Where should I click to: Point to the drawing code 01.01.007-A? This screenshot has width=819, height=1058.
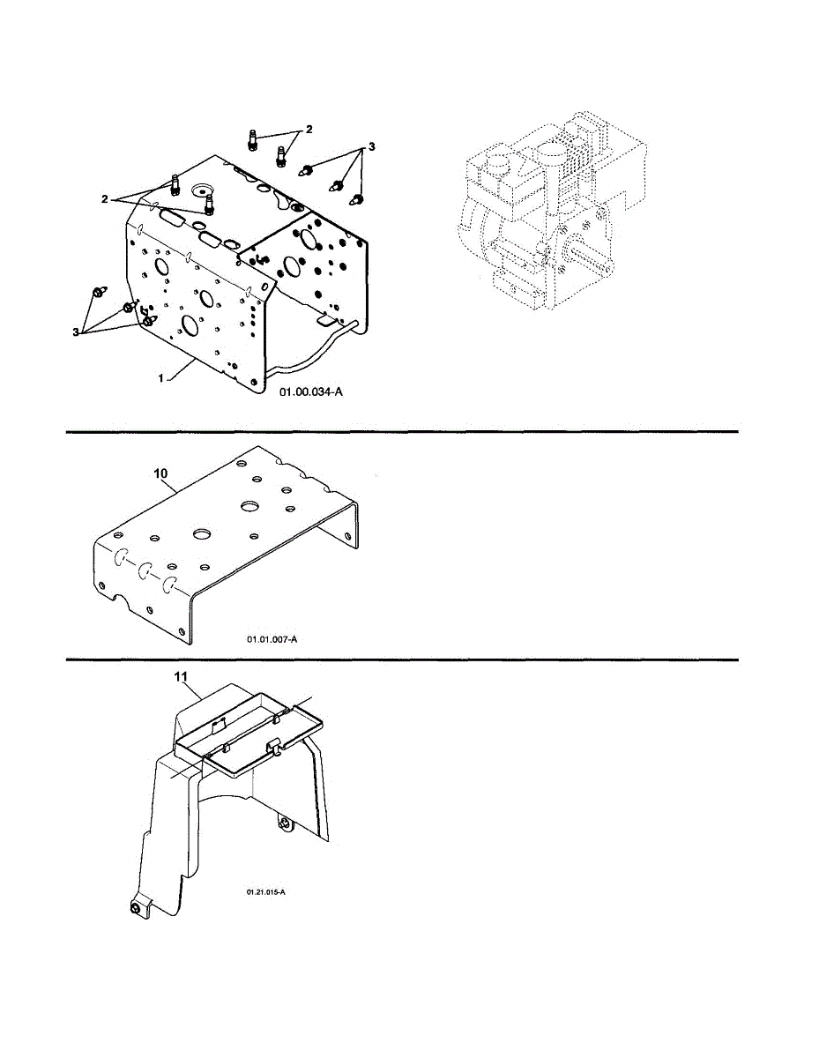click(272, 638)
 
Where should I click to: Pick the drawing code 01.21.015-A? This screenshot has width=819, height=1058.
click(266, 892)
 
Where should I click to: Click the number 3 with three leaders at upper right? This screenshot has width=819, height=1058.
click(372, 147)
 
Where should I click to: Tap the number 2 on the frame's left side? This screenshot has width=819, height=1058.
click(104, 199)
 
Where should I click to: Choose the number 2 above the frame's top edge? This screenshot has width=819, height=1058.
click(309, 130)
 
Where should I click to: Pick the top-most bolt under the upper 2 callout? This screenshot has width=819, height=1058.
click(252, 139)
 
